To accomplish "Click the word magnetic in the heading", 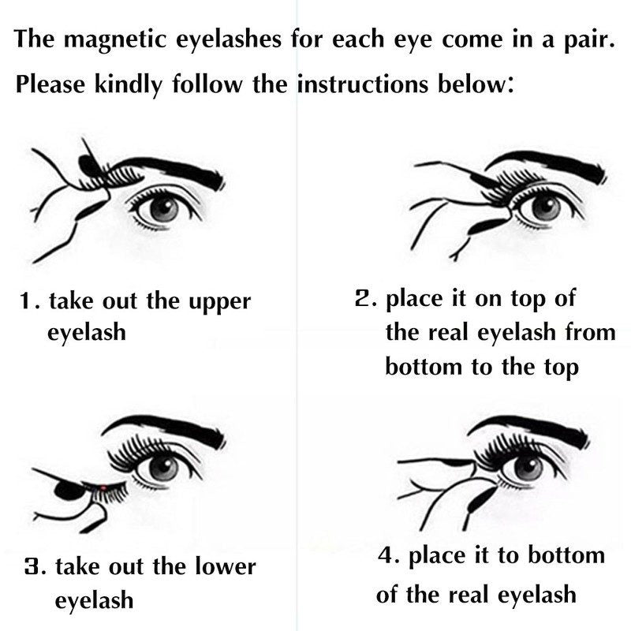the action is (x=115, y=40).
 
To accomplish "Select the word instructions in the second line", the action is (x=362, y=84).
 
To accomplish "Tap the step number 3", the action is (x=32, y=566).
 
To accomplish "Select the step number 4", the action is (x=386, y=555).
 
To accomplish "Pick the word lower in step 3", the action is (x=226, y=566).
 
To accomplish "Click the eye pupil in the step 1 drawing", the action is (x=163, y=207).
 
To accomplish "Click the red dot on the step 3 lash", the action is (x=103, y=488).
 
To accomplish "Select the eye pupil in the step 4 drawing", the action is (x=528, y=466).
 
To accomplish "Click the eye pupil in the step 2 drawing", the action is (x=545, y=207).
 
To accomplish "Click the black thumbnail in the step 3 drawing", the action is (x=69, y=490).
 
